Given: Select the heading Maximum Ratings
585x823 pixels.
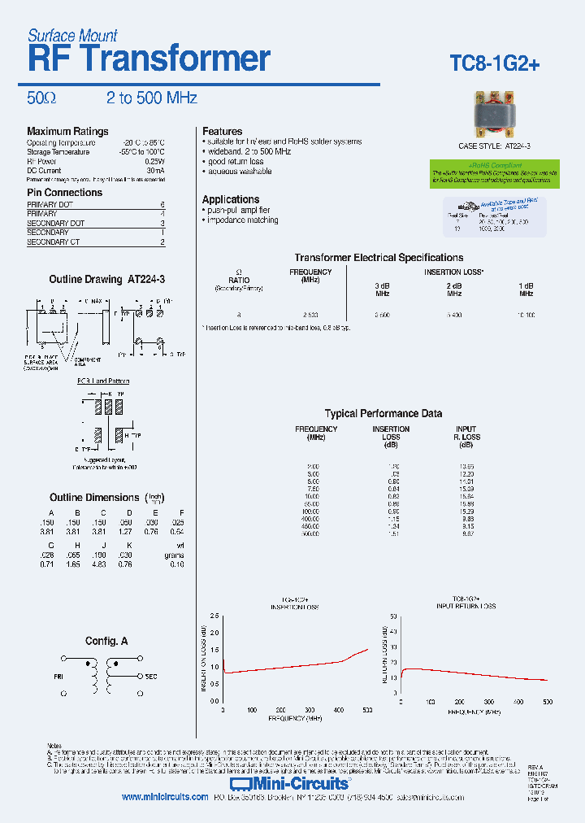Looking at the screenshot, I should click(x=67, y=132).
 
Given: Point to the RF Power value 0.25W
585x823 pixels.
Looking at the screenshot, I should click(x=155, y=161).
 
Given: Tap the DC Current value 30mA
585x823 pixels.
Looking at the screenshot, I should click(x=156, y=171).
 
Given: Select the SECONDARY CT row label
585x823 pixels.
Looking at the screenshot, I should click(x=53, y=242).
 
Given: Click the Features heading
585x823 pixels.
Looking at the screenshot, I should click(x=222, y=132).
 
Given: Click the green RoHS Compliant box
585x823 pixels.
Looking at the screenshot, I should click(x=494, y=172).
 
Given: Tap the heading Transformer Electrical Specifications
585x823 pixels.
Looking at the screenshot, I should click(x=379, y=258).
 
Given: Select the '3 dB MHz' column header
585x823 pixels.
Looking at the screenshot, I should click(x=382, y=290).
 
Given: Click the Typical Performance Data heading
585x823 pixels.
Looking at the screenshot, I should click(x=383, y=413).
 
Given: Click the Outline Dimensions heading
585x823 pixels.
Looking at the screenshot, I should click(x=94, y=497).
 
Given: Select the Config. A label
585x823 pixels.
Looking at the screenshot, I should click(x=106, y=641).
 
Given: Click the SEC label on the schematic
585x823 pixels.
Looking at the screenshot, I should click(x=152, y=676).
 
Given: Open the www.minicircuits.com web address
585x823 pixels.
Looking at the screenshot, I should click(x=165, y=798).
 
